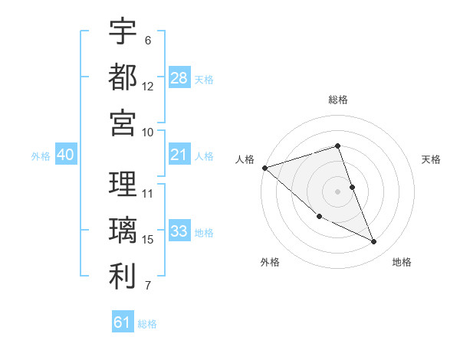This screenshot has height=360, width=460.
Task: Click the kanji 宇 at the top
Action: pyautogui.click(x=123, y=31)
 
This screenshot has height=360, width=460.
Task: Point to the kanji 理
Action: pyautogui.click(x=123, y=185)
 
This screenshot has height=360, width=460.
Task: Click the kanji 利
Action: pyautogui.click(x=123, y=276)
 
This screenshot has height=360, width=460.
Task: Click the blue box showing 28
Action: pyautogui.click(x=179, y=78)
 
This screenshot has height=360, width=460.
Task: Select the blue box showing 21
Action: pyautogui.click(x=179, y=155)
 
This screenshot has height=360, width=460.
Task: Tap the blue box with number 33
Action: pyautogui.click(x=179, y=232)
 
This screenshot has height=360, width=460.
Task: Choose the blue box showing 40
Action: pyautogui.click(x=65, y=155)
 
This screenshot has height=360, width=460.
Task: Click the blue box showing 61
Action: pyautogui.click(x=123, y=322)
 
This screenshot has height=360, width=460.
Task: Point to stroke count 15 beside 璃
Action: pyautogui.click(x=148, y=240)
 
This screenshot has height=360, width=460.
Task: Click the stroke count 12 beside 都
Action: pyautogui.click(x=148, y=86)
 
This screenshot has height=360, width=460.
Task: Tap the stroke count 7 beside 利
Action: pyautogui.click(x=148, y=286)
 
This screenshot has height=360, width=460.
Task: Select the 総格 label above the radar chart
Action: pyautogui.click(x=338, y=100)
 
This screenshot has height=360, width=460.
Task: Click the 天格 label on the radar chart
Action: pyautogui.click(x=432, y=159)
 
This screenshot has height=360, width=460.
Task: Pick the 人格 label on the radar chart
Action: pyautogui.click(x=245, y=159)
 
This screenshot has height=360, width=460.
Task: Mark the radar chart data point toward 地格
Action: pyautogui.click(x=374, y=242)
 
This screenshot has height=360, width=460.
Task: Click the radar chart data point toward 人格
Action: pyautogui.click(x=264, y=167)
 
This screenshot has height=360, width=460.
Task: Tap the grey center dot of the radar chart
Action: pyautogui.click(x=338, y=191)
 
